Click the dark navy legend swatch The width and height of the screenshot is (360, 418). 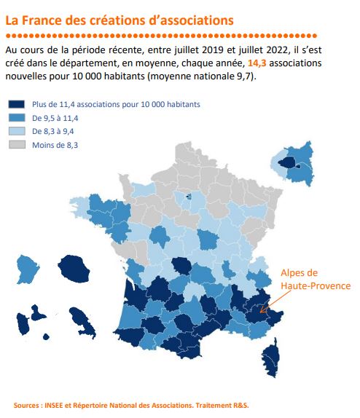pos(17,104)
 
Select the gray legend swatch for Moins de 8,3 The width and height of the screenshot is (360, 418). pos(17,144)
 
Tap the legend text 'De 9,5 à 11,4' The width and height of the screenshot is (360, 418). pos(55,118)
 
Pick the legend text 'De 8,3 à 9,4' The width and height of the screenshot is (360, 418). pos(53,131)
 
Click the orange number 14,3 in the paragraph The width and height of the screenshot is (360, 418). pos(257,63)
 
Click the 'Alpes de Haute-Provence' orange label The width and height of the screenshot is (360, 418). pos(316,280)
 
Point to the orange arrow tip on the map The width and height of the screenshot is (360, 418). pos(260,312)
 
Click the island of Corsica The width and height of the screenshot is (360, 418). pos(271,358)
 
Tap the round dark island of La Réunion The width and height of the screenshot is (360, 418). pos(74,269)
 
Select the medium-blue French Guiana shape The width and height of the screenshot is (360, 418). pos(27,269)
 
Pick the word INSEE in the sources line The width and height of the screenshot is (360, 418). pos(54,406)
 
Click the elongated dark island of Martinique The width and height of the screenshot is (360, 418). pos(83,322)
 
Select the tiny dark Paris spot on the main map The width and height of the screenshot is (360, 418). pos(189,197)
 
